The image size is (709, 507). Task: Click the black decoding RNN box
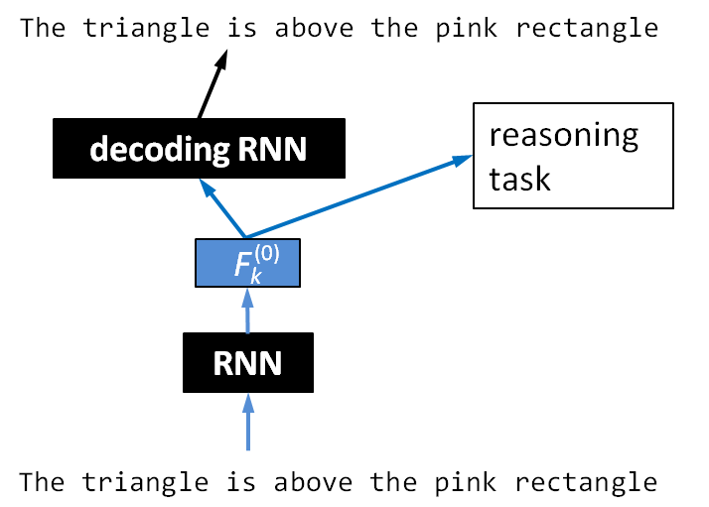[x=199, y=148]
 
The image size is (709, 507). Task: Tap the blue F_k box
[x=247, y=263]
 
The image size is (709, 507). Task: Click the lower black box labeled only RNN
[x=248, y=363]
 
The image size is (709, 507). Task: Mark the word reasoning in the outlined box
[x=563, y=135]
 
